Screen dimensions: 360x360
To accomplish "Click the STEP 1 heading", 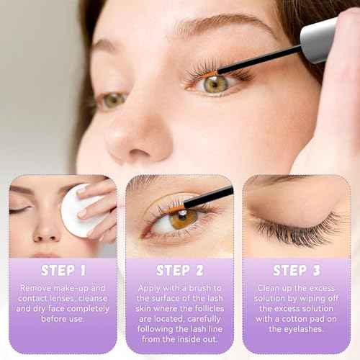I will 63,271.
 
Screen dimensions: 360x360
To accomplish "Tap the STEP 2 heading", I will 179,271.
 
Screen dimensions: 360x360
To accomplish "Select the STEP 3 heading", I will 296,271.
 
